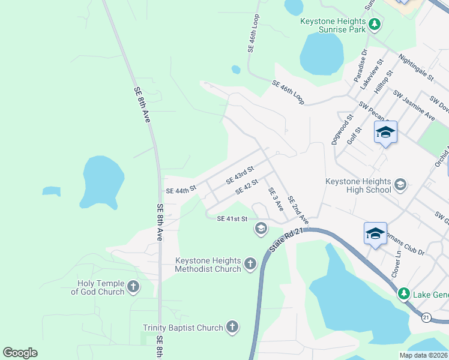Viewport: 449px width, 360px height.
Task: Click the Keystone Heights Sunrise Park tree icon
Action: point(375,25)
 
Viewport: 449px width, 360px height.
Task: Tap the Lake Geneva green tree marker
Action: point(405,293)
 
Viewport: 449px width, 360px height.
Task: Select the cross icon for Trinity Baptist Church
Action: point(232,327)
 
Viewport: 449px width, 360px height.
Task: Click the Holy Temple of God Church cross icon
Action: point(133,287)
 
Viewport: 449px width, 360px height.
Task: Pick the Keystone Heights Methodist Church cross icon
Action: point(250,264)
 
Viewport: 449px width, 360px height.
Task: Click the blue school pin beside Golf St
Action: point(385,133)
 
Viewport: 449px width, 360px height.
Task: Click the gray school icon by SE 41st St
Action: point(261,228)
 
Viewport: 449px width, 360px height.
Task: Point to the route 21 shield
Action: point(426,317)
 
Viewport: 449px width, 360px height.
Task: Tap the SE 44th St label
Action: point(181,190)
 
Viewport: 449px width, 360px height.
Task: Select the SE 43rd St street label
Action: point(240,175)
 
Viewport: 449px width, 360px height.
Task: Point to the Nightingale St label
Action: point(416,66)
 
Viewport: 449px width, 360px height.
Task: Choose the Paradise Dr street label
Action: point(360,66)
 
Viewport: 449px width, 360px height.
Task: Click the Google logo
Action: point(20,353)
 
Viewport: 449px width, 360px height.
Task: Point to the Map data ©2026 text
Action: point(423,355)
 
